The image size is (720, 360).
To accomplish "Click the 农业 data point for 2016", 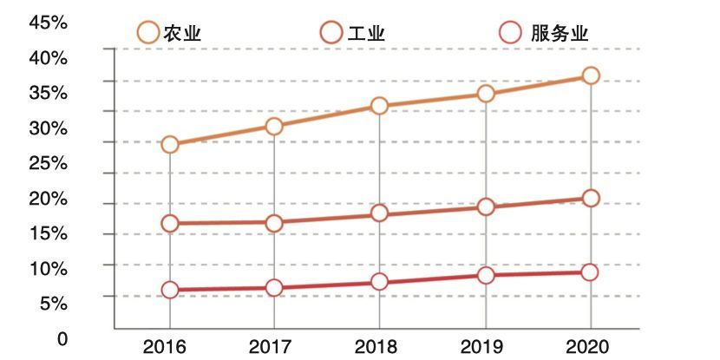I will coord(170,145).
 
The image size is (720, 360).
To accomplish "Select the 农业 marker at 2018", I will coord(379,106).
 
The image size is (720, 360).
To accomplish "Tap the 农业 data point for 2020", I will coord(591,75).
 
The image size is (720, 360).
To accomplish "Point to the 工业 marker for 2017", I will coord(274,223).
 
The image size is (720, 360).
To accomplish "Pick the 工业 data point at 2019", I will coord(486,206).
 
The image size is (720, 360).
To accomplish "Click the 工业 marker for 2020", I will coord(591,198).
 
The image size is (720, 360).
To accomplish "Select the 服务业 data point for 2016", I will coord(170,290).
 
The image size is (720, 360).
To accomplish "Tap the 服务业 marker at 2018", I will coord(379,281).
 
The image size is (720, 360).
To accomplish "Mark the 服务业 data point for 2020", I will coord(591,272).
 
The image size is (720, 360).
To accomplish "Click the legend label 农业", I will coord(182,34).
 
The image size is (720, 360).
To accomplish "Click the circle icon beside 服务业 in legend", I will coord(512,34).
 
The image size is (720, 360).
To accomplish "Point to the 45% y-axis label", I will coord(49,23).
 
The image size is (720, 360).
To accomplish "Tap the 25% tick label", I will coord(49,163).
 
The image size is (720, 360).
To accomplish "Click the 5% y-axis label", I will coord(54,303).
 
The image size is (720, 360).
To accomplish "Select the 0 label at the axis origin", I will coord(62,339).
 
